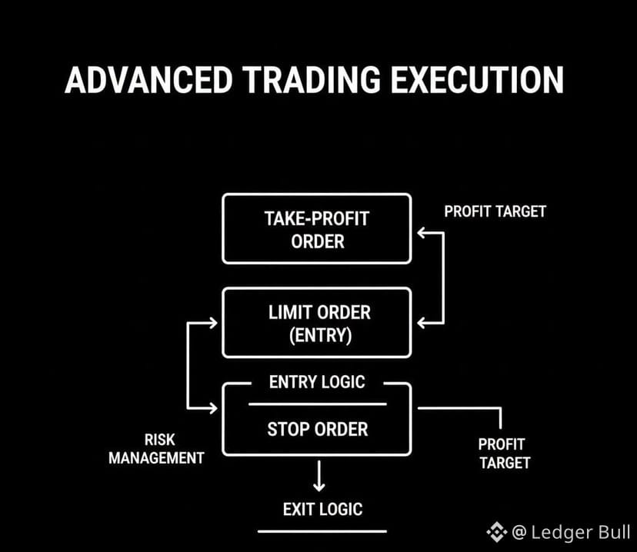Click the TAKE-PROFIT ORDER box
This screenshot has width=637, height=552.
[x=317, y=229]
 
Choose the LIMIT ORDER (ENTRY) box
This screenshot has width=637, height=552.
[x=317, y=323]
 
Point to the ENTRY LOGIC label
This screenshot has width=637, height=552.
[x=317, y=382]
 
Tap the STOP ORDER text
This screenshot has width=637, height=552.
[x=317, y=429]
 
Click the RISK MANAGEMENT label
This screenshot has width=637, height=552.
[x=157, y=449]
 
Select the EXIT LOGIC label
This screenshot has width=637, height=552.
[x=322, y=509]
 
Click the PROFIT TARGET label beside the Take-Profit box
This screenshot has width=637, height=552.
[x=495, y=211]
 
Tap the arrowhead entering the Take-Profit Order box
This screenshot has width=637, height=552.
[x=420, y=231]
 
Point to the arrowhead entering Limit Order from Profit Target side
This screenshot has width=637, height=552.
[x=420, y=323]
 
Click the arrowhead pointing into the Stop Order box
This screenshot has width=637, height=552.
[x=213, y=408]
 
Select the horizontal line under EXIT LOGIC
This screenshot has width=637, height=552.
[x=322, y=530]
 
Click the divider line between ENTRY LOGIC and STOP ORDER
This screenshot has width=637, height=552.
[x=317, y=404]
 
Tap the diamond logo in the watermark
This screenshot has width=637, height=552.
[x=495, y=531]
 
